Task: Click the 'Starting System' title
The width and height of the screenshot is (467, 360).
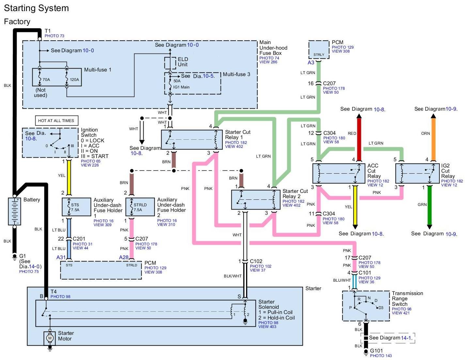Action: (x=36, y=8)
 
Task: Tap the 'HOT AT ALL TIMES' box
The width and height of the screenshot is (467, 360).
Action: (x=56, y=121)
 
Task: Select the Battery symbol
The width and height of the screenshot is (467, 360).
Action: (x=14, y=211)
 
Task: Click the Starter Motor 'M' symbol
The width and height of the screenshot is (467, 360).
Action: (x=50, y=338)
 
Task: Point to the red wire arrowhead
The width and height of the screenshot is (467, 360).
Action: (x=359, y=116)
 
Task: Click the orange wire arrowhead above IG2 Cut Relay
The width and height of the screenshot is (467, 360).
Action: (x=433, y=116)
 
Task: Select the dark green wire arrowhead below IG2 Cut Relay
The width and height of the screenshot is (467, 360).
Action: (x=429, y=227)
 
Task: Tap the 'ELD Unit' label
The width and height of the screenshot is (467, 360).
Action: (x=183, y=62)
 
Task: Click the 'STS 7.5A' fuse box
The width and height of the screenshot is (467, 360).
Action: (x=76, y=207)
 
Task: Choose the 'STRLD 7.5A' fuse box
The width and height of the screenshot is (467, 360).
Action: (x=140, y=207)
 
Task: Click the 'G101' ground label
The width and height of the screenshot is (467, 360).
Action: (x=376, y=351)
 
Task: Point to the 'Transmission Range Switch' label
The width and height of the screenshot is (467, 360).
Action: (x=407, y=299)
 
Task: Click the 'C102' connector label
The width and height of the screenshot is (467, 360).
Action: (x=256, y=261)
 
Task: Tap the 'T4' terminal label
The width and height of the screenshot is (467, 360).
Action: (x=54, y=291)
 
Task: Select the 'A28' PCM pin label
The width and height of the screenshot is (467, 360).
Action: (x=124, y=257)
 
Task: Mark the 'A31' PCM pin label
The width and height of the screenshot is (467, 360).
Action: (x=61, y=257)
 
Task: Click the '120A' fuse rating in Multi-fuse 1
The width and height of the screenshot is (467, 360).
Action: (x=74, y=80)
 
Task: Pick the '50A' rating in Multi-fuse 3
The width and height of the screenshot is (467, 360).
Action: (x=177, y=81)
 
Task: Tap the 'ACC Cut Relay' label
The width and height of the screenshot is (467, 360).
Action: (x=373, y=171)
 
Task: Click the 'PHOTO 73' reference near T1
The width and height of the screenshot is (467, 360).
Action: (x=54, y=36)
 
